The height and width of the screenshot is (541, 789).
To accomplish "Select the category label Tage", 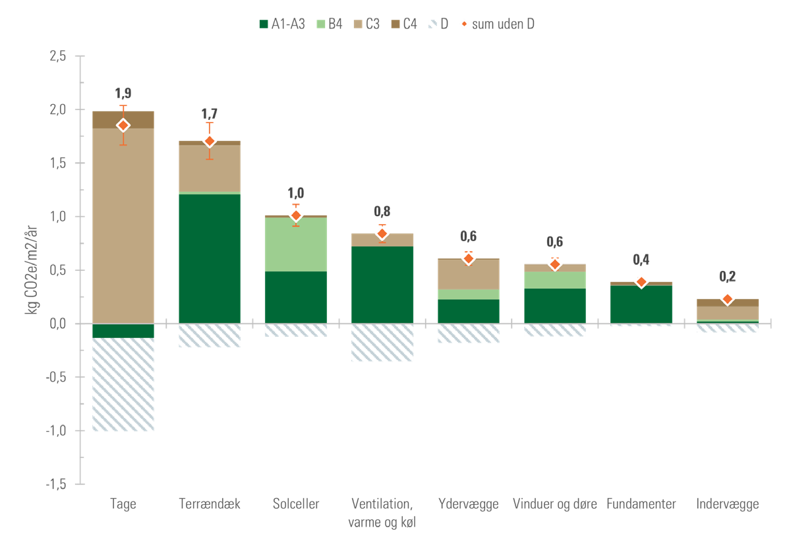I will (123, 505).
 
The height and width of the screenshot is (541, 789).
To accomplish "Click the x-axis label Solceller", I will (296, 505).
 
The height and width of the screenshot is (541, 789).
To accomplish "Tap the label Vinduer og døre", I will (554, 505).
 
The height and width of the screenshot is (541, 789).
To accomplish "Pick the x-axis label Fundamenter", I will (641, 505).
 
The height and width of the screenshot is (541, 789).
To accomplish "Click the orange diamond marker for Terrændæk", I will (210, 140).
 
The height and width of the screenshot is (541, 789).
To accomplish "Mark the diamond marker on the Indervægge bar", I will (727, 299).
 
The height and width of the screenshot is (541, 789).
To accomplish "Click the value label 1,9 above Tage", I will (123, 94).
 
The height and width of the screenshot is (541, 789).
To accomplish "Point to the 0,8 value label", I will (382, 212).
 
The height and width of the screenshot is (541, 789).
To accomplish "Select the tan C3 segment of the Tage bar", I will (123, 224).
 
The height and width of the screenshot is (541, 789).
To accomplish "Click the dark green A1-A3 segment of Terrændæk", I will (210, 257).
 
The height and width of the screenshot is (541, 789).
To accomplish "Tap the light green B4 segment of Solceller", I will (296, 244).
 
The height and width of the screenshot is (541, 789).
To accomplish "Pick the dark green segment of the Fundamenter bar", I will (641, 303).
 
